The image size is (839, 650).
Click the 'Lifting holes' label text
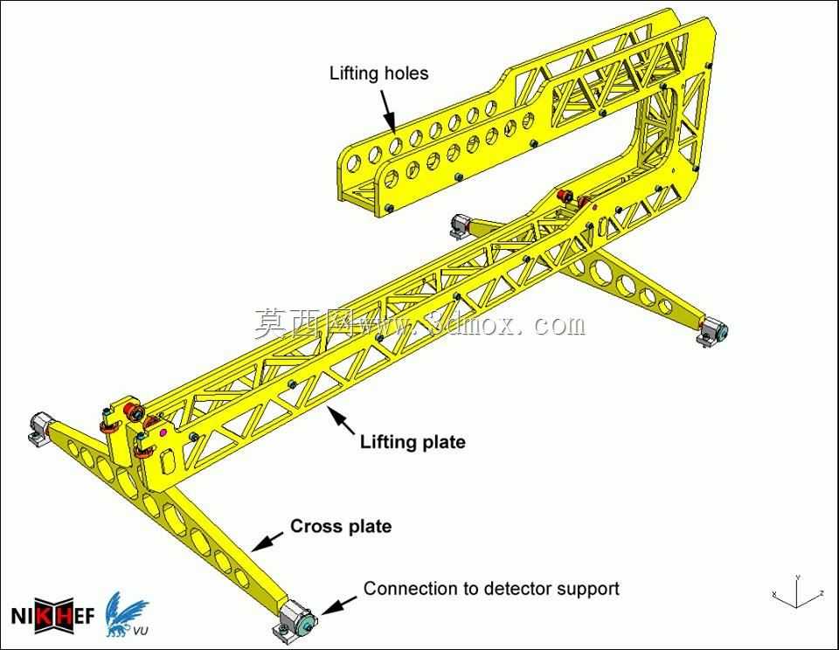378,73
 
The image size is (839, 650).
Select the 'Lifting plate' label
413,442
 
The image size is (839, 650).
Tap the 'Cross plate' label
341,526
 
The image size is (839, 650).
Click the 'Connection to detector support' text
491,589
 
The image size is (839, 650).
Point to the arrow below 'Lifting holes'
387,111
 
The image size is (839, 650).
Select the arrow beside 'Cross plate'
267,541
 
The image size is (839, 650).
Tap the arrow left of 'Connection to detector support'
339,605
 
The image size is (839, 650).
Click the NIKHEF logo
52,616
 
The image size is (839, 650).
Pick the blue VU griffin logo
126,615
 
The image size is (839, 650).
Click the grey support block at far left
39,427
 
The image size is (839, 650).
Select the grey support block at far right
711,331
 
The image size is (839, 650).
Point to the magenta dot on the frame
163,432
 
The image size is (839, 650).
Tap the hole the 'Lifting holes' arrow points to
395,144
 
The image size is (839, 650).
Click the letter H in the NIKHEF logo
64,616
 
